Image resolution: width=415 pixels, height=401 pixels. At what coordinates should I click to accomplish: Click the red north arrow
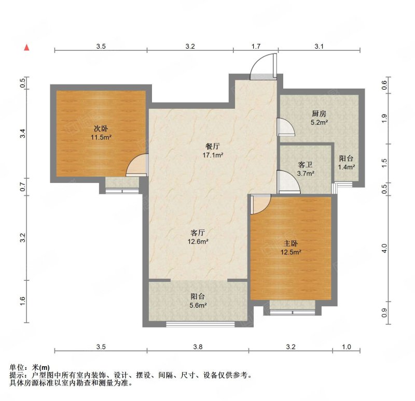tap(26, 47)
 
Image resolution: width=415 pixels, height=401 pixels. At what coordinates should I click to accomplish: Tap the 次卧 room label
tap(101, 128)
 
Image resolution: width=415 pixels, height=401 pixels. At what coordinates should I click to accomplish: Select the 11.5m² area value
tap(101, 137)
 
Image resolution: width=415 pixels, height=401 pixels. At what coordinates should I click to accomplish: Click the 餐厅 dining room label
tap(213, 146)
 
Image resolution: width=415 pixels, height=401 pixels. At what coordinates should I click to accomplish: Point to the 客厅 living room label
tap(198, 233)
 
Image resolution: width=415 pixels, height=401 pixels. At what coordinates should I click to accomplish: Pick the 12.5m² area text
tap(291, 252)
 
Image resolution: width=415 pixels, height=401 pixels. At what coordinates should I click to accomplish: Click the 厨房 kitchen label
tap(319, 114)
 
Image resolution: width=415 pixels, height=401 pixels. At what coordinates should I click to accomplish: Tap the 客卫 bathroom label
tap(306, 165)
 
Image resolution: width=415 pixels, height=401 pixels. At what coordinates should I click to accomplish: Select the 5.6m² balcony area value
tap(198, 305)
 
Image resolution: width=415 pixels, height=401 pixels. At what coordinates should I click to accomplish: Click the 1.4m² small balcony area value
tap(346, 167)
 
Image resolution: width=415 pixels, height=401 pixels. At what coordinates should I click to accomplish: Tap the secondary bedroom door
tap(136, 165)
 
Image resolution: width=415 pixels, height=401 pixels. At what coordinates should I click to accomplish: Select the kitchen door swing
tap(286, 127)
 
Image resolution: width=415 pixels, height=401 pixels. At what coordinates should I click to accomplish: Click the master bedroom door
tap(260, 204)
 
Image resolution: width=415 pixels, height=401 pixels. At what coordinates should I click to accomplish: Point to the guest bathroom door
tap(288, 182)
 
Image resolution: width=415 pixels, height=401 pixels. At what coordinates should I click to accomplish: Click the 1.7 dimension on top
tap(256, 47)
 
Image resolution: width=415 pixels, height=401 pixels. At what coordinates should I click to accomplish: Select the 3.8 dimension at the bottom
tap(198, 347)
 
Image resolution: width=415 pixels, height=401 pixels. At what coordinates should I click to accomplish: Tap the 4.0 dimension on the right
tap(384, 248)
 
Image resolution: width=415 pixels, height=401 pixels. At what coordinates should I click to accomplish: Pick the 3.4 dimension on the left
tap(23, 133)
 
